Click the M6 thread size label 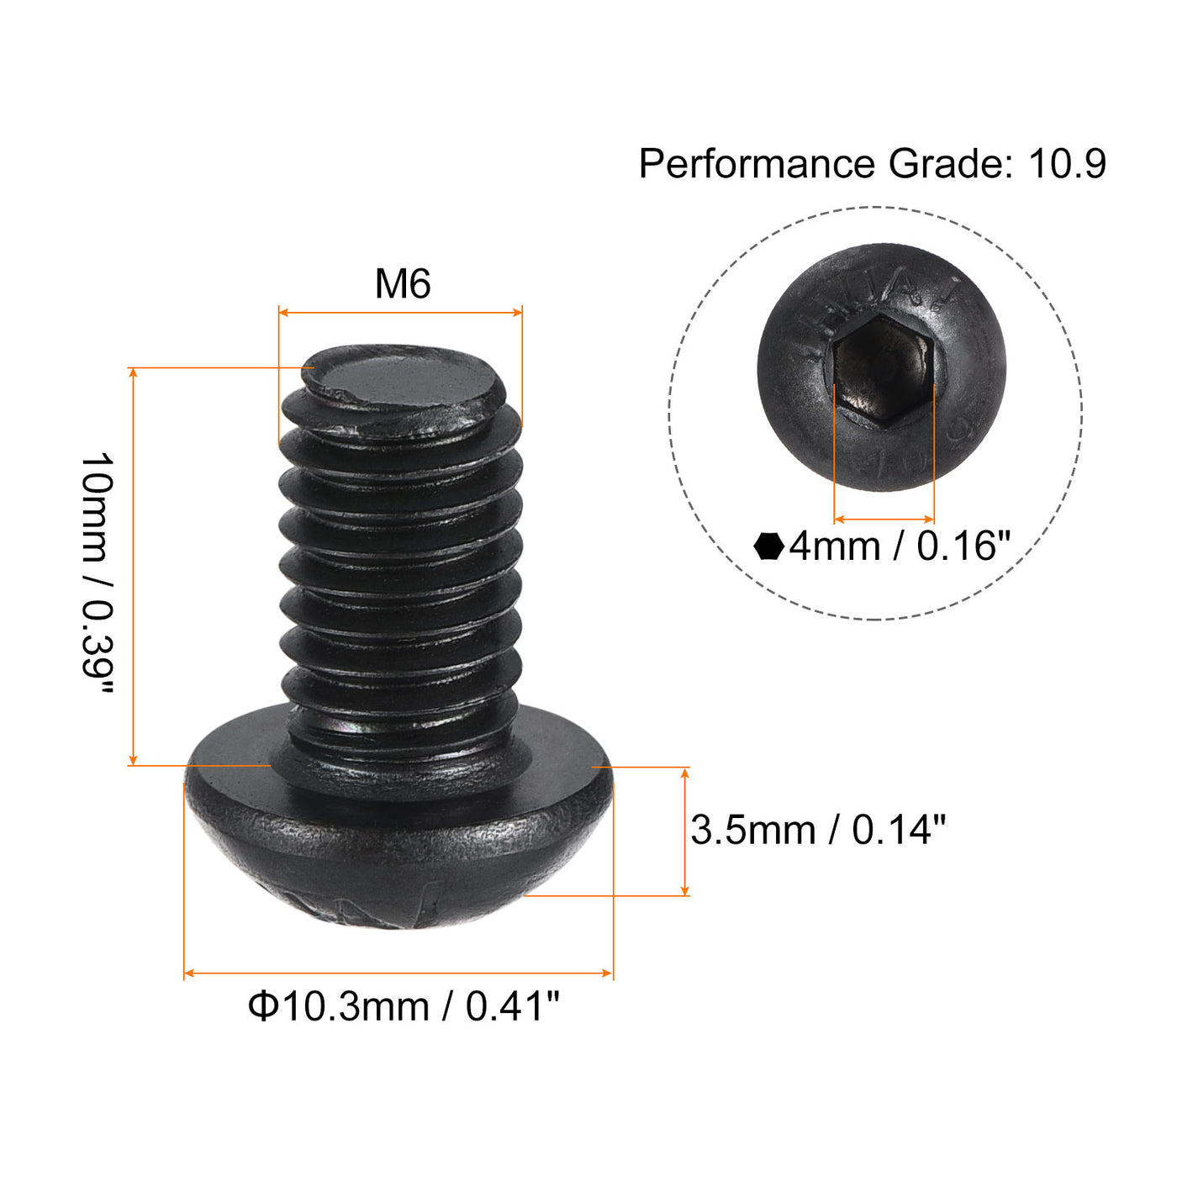coord(403,284)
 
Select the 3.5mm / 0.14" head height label coord(817,831)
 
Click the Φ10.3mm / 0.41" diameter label coord(404,1005)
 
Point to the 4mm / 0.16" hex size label coord(898,546)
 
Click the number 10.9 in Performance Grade coord(1067,163)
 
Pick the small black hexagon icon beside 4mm coord(768,546)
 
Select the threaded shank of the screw coord(401,572)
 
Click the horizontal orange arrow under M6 coord(400,313)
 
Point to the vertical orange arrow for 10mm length coord(133,567)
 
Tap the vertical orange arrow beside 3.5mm coord(685,831)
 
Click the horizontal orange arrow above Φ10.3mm coord(398,974)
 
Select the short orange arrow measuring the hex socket coord(884,520)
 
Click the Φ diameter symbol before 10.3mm coord(262,1005)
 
